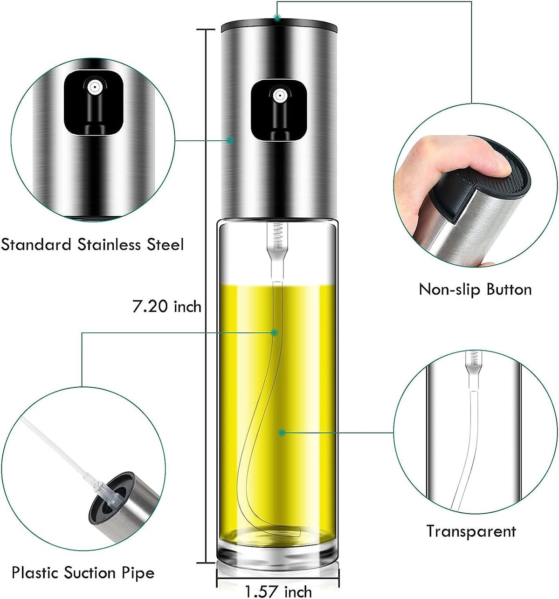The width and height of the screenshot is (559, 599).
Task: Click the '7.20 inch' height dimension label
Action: [167, 307]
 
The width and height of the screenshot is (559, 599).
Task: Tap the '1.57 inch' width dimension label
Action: [278, 591]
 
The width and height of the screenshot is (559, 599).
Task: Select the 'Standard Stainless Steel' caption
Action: [92, 244]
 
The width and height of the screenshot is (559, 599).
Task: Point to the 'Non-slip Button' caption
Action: [475, 289]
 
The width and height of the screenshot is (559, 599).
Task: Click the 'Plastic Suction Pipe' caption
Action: [83, 572]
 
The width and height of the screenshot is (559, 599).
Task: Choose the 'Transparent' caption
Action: [471, 531]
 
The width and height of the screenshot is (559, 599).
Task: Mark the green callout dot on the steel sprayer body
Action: [230, 139]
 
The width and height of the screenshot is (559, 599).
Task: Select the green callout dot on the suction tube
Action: [275, 332]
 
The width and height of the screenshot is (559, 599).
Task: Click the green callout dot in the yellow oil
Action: [282, 433]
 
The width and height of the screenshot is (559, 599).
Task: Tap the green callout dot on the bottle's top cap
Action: [277, 18]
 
